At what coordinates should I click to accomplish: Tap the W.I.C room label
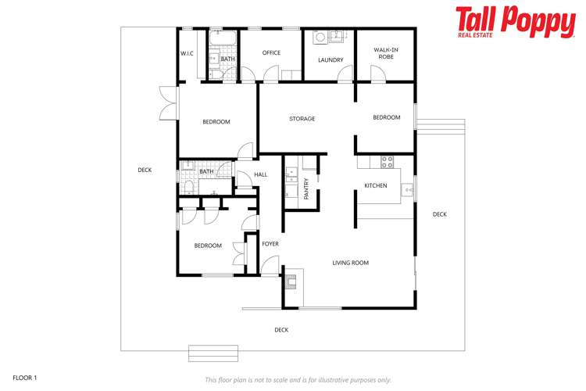(187, 53)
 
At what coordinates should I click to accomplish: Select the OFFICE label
(271, 53)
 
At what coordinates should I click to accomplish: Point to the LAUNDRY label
(331, 60)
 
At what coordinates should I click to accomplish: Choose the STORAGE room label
(302, 119)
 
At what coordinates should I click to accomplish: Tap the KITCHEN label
(376, 185)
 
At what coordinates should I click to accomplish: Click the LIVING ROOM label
(350, 263)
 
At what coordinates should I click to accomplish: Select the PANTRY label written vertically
(306, 188)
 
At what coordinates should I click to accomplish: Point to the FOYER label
(270, 244)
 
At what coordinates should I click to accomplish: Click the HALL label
(260, 174)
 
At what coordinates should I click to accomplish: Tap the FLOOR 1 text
(25, 378)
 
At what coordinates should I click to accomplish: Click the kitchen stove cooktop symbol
(386, 162)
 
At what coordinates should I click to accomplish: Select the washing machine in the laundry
(320, 37)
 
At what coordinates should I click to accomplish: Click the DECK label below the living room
(281, 330)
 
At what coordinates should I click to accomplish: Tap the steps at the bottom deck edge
(213, 353)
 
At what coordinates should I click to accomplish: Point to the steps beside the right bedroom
(441, 125)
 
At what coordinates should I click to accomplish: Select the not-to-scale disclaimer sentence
(298, 380)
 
